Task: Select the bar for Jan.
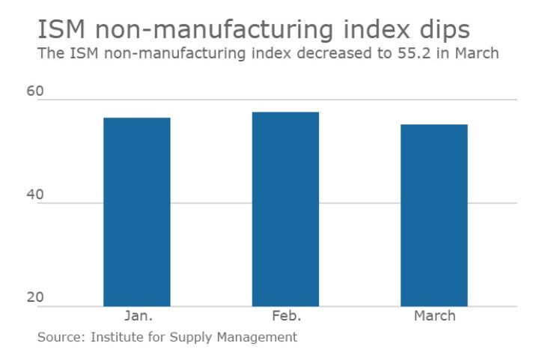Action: click(136, 211)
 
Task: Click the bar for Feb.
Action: click(285, 209)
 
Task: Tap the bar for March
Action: click(434, 215)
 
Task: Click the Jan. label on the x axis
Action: click(136, 316)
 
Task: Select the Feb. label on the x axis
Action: click(285, 316)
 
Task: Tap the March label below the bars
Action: click(434, 316)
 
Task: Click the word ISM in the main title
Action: click(60, 30)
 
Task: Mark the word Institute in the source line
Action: click(117, 337)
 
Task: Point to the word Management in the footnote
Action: click(260, 337)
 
